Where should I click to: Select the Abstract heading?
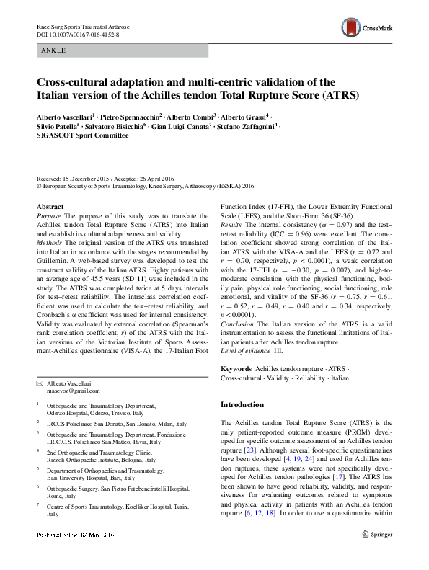pos(50,206)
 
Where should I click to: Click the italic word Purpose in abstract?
pos(50,215)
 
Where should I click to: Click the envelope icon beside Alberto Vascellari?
pos(39,382)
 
